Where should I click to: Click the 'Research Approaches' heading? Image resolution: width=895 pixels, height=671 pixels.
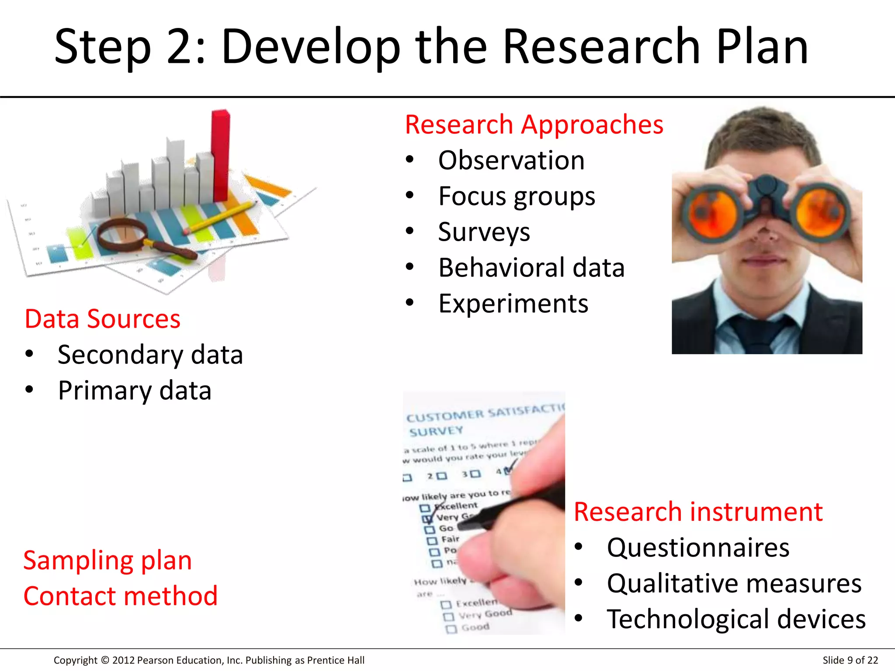534,125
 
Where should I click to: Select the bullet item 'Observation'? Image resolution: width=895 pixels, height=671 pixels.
511,160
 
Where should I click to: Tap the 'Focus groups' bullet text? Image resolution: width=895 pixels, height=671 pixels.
516,196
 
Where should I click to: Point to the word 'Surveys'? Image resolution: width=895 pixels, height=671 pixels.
484,232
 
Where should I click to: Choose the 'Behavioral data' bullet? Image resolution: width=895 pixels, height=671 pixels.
531,268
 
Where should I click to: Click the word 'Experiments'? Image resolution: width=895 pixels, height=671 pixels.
513,304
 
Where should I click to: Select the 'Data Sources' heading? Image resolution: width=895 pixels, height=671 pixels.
102,319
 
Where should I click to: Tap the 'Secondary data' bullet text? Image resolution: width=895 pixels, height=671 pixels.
150,355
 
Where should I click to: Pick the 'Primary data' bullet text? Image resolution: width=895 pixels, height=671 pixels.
135,391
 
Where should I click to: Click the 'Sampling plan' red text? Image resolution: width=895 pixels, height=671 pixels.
108,560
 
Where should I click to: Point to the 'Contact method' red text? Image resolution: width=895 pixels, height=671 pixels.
120,596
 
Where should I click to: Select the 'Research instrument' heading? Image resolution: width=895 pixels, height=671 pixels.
698,512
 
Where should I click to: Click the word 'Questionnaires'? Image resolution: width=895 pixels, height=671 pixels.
698,548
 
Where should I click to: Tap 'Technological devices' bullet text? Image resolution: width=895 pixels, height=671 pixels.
736,619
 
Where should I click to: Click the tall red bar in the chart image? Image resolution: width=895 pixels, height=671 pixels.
221,155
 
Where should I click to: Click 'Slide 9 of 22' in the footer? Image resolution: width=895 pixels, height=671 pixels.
850,660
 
